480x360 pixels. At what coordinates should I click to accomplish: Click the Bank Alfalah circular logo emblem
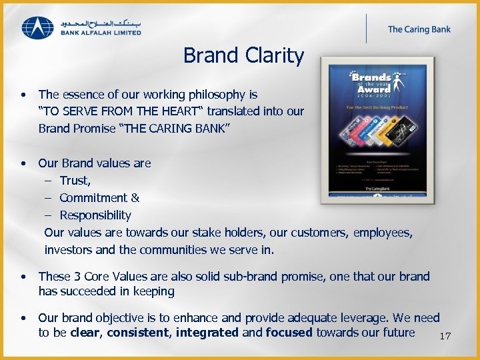[38, 27]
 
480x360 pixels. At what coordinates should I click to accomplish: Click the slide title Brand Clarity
[243, 55]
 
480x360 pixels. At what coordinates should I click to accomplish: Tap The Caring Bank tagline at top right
[419, 29]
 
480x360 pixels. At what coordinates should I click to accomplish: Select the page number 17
[445, 336]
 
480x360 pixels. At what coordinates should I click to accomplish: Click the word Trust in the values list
[74, 181]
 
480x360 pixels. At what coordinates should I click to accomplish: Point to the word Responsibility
[95, 215]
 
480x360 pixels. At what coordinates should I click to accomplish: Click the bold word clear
[85, 333]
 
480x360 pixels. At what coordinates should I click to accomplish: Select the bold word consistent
[138, 333]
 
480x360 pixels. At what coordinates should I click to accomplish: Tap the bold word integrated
[207, 333]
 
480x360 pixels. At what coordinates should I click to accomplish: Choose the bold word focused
[289, 333]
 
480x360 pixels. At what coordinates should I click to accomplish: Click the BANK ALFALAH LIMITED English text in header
[100, 32]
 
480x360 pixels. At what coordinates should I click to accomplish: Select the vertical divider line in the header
[366, 29]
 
